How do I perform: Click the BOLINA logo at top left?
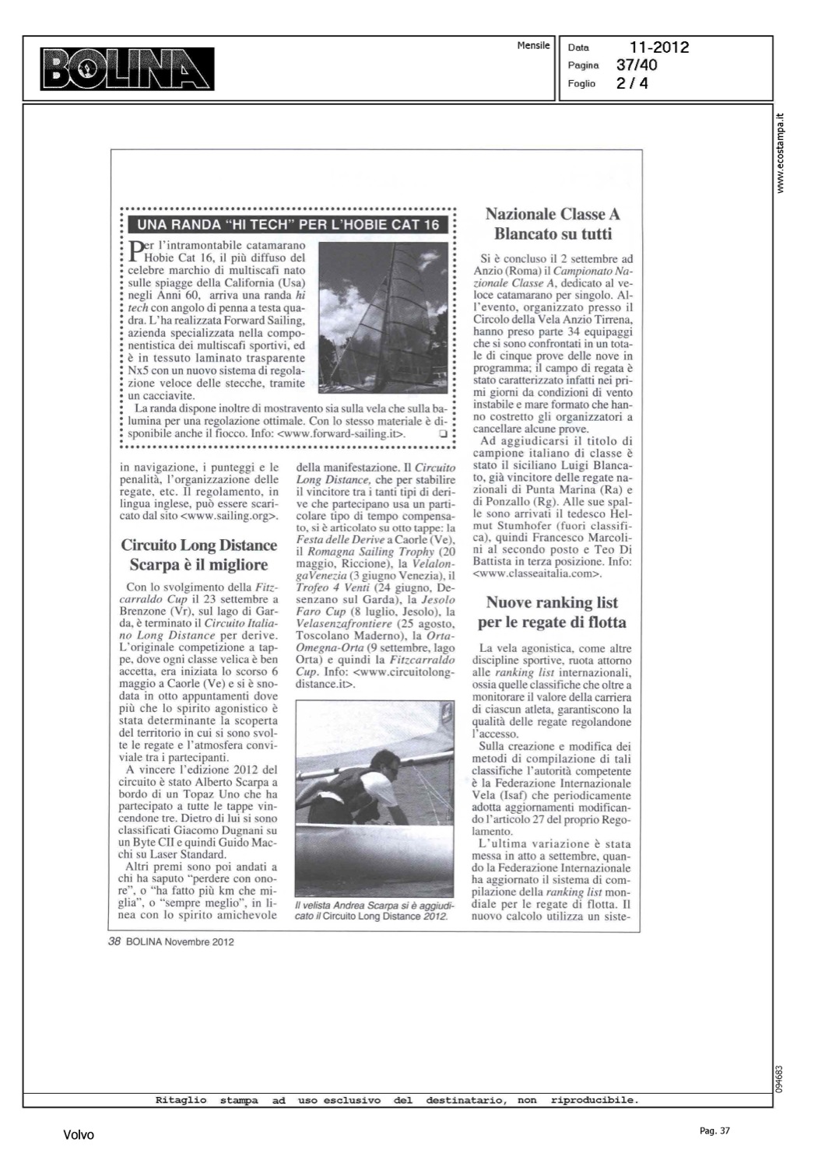click(x=128, y=68)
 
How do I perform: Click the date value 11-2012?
click(x=659, y=47)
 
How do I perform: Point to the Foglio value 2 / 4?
click(x=632, y=83)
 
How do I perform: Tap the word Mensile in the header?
click(x=533, y=46)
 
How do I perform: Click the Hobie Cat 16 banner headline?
click(x=288, y=226)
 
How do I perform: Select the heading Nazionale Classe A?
click(x=553, y=214)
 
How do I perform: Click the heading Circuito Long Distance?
click(x=199, y=545)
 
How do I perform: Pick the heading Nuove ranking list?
click(x=552, y=602)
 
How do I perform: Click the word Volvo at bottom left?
click(x=79, y=1135)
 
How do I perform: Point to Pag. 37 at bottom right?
click(x=714, y=1130)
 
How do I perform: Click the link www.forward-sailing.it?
click(x=342, y=434)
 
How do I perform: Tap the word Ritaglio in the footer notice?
click(x=181, y=1100)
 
